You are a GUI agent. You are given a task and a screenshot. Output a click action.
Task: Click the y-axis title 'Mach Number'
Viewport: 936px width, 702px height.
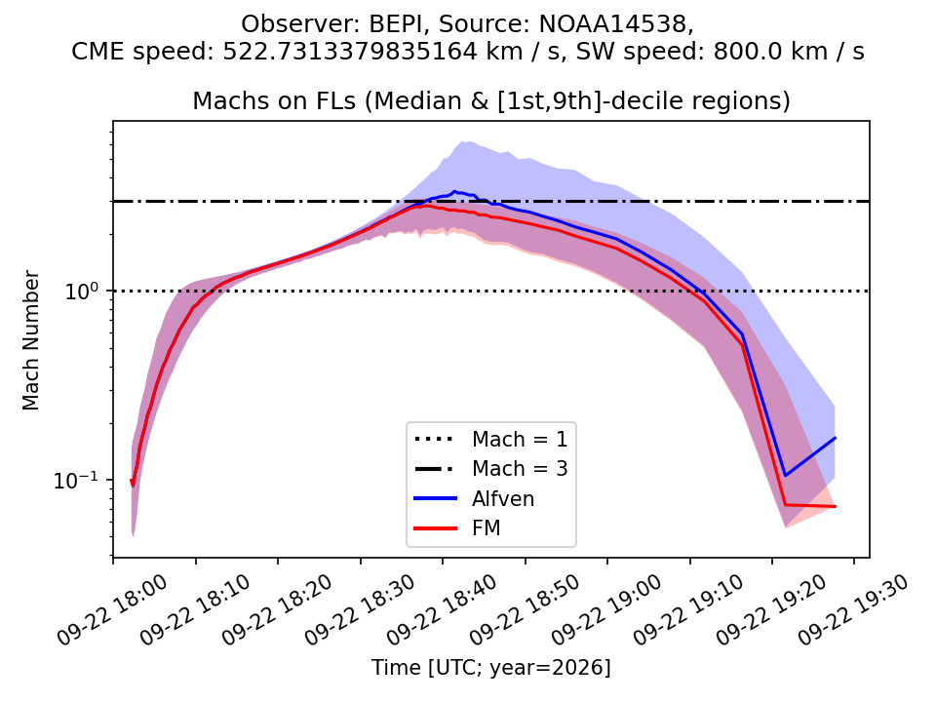31,340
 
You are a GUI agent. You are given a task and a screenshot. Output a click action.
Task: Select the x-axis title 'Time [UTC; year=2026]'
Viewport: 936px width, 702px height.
491,667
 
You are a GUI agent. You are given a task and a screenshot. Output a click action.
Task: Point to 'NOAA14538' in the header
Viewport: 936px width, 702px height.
613,24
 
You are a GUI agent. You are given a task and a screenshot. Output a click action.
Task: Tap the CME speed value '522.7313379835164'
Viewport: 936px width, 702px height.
350,52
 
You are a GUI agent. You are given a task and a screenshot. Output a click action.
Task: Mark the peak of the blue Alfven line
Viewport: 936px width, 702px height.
455,192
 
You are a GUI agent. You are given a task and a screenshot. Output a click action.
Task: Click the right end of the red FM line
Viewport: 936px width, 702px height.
835,506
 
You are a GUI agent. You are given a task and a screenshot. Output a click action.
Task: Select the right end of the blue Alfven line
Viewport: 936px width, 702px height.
835,438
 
